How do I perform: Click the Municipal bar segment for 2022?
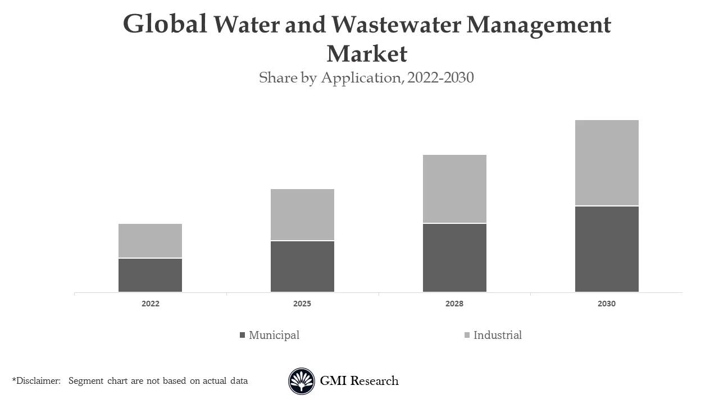[150, 275]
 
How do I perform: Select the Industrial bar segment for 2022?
[150, 241]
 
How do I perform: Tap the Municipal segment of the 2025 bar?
[302, 267]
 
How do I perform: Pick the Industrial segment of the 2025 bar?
[302, 214]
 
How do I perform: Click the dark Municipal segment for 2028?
[454, 258]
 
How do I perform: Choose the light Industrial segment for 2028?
[454, 189]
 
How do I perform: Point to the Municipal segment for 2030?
[607, 249]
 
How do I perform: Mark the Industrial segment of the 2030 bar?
[607, 163]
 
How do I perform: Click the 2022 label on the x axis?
[150, 304]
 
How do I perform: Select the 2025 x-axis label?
[302, 304]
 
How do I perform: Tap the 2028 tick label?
[454, 304]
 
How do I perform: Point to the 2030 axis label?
[607, 304]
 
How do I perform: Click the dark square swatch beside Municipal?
[243, 335]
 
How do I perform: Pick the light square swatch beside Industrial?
[467, 335]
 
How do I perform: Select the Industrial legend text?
[497, 335]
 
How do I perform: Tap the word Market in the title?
[366, 54]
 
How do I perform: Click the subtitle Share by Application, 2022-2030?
[366, 77]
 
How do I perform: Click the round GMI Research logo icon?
[302, 381]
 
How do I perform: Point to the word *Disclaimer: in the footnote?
[36, 381]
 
